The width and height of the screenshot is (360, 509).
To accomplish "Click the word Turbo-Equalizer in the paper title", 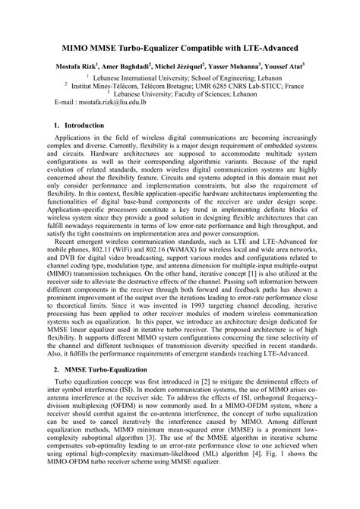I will point(156,46).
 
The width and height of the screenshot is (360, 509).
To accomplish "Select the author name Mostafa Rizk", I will point(77,67).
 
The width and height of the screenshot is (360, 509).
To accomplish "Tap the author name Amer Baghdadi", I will point(128,67).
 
